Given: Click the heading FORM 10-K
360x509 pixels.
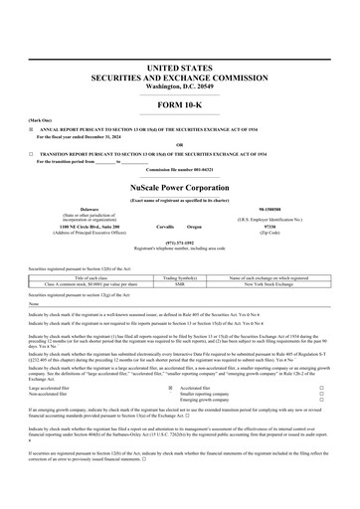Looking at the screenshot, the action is tap(180, 105).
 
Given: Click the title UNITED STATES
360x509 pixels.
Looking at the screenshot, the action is tap(180, 66).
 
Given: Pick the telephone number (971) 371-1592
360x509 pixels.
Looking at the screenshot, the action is tap(180, 241).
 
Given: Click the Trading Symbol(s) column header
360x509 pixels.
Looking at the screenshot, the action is tap(180, 277).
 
